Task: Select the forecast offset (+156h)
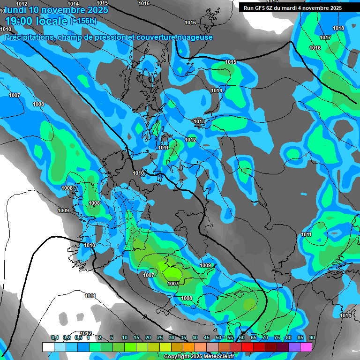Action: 83,21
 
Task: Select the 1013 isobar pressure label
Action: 199,122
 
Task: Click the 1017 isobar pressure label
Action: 325,37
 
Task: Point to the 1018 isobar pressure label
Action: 338,28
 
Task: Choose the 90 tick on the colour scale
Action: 312,337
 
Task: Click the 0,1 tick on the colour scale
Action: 55,337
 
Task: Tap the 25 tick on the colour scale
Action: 160,337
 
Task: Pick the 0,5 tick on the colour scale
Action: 78,337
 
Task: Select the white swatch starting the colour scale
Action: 48,347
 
